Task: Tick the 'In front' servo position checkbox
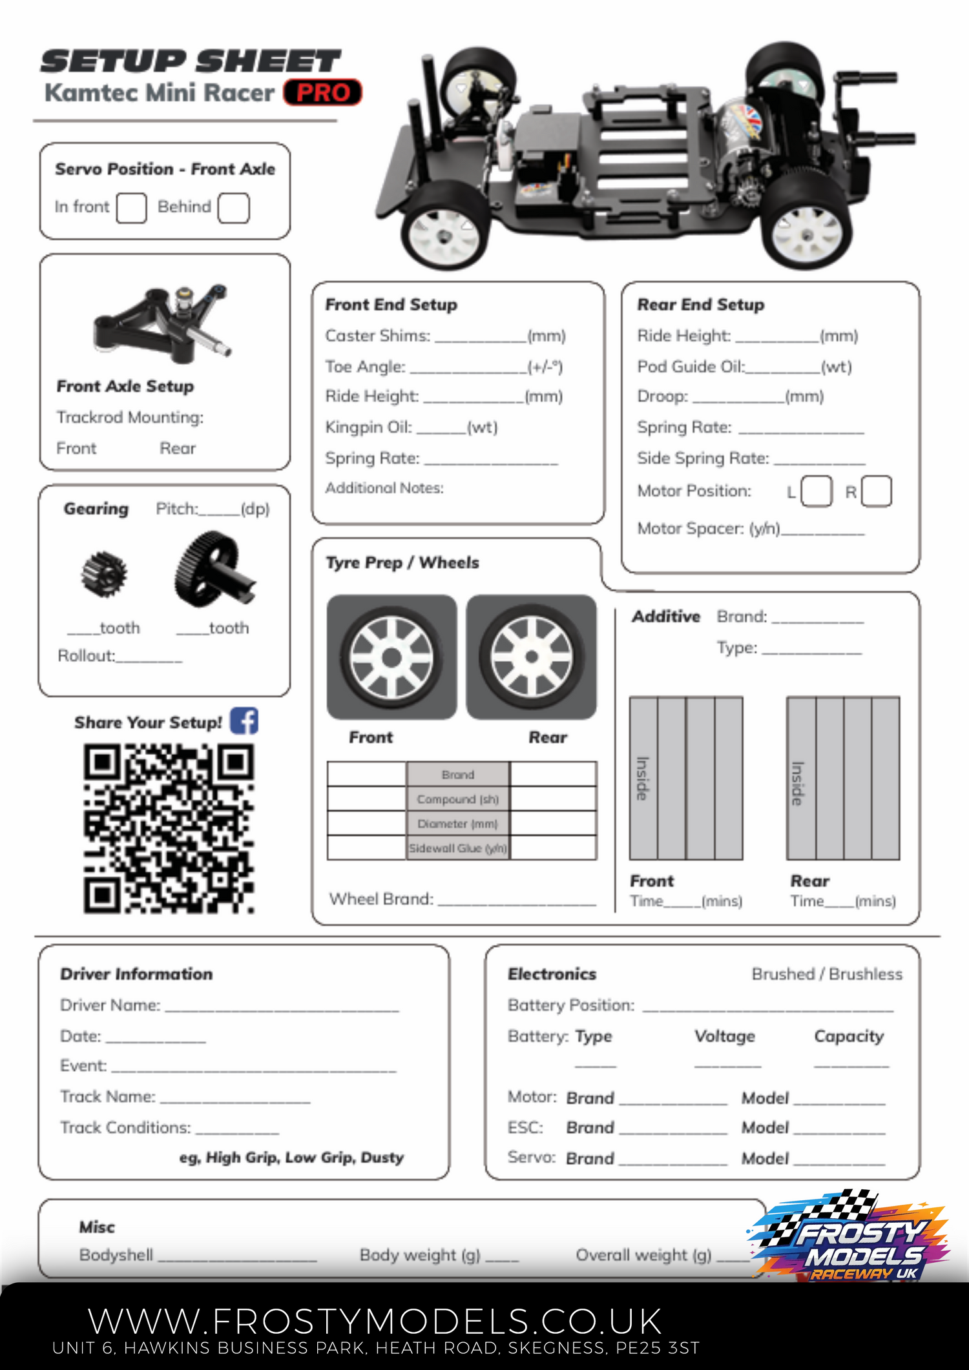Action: coord(131,208)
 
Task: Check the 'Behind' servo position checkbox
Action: coord(233,208)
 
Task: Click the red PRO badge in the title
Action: coord(322,92)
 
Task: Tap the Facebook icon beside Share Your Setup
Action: coord(244,721)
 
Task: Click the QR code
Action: coord(169,828)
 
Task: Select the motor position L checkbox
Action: coord(816,491)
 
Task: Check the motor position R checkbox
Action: coord(876,491)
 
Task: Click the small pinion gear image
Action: coord(104,574)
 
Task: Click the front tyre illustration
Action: coord(391,657)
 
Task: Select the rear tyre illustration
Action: coord(531,657)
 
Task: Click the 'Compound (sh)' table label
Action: coord(457,799)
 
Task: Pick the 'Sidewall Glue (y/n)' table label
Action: coord(457,848)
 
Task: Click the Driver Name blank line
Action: coord(282,1007)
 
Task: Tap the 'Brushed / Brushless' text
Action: coord(827,974)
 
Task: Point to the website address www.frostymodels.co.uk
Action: coord(375,1321)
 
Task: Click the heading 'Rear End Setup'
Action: coord(700,304)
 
